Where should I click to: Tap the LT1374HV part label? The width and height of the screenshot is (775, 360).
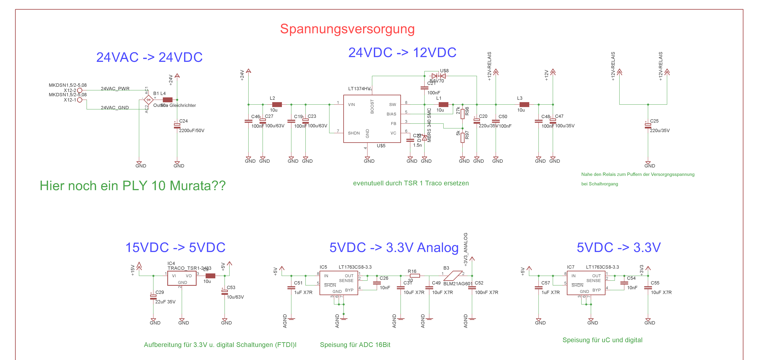(359, 88)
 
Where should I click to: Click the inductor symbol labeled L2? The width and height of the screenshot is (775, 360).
(277, 105)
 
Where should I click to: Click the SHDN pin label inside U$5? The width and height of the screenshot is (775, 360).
(354, 133)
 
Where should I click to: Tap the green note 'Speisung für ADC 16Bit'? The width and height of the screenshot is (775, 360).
(355, 345)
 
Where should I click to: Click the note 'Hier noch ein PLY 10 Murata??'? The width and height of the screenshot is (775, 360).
(133, 186)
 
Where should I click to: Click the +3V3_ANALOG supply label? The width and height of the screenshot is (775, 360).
(465, 249)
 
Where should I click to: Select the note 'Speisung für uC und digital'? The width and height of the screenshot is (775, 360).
(602, 340)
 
